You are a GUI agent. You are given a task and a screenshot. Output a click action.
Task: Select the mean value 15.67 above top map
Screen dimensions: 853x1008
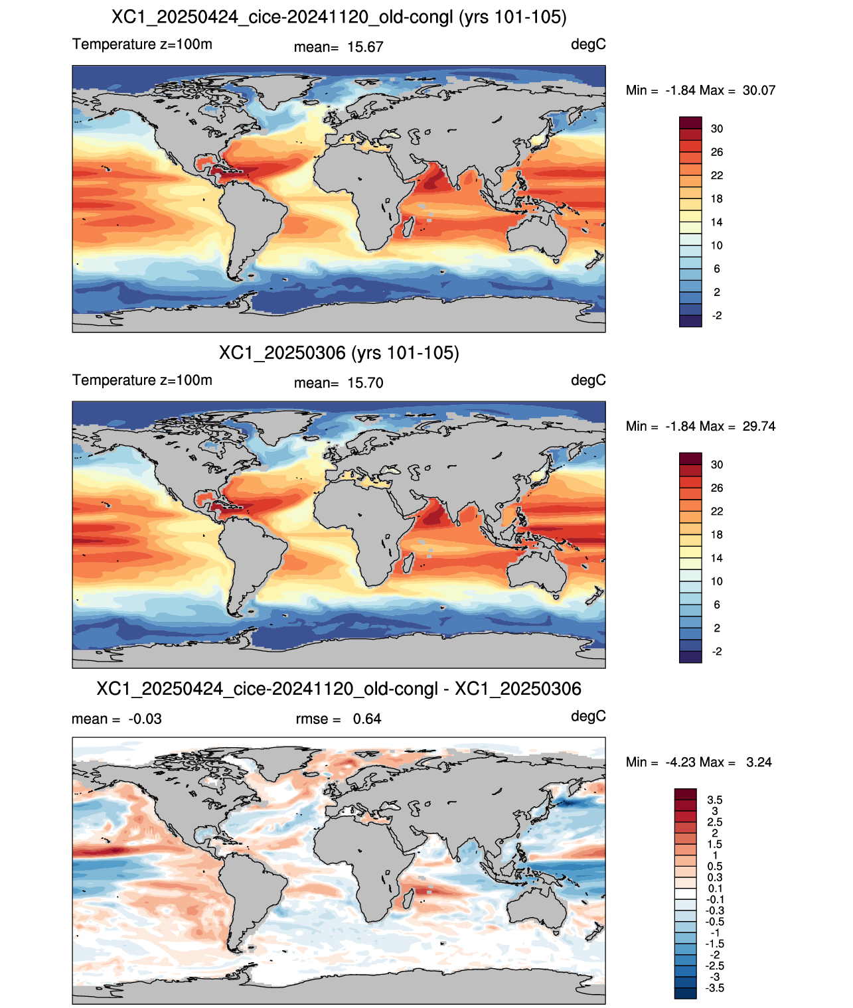click(x=365, y=47)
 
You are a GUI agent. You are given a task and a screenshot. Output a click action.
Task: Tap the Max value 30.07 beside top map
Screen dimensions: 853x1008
click(x=759, y=90)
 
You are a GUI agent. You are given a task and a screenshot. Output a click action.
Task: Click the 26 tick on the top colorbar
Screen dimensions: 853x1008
click(x=716, y=152)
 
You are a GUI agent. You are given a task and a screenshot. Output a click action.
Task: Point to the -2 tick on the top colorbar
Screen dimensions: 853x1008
click(x=716, y=315)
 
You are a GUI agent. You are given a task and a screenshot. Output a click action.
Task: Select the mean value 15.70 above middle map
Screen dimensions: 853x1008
click(x=365, y=383)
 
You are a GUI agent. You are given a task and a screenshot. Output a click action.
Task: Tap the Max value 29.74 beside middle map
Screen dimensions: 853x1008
click(x=759, y=426)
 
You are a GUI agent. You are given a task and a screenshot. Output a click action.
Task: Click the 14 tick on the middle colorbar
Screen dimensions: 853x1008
click(x=716, y=558)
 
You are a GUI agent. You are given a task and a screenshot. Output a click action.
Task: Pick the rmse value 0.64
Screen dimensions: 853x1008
click(x=366, y=719)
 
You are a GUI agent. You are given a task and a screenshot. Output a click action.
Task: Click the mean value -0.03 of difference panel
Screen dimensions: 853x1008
click(x=145, y=719)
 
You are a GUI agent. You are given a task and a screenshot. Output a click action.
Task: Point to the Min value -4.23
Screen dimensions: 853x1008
click(x=682, y=762)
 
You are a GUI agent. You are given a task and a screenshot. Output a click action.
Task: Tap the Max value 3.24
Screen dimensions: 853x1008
click(x=759, y=762)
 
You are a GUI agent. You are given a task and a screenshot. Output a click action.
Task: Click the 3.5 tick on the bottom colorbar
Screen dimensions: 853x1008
click(x=714, y=800)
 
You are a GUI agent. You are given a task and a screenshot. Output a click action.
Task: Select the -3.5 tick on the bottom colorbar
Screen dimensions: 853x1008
click(x=714, y=989)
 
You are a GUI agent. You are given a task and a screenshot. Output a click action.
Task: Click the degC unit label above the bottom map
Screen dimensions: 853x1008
click(x=588, y=716)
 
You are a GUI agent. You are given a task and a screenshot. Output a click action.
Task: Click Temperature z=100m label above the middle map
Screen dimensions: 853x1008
click(x=142, y=380)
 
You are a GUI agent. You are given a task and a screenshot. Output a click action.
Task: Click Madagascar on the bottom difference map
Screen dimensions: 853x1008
click(x=408, y=899)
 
